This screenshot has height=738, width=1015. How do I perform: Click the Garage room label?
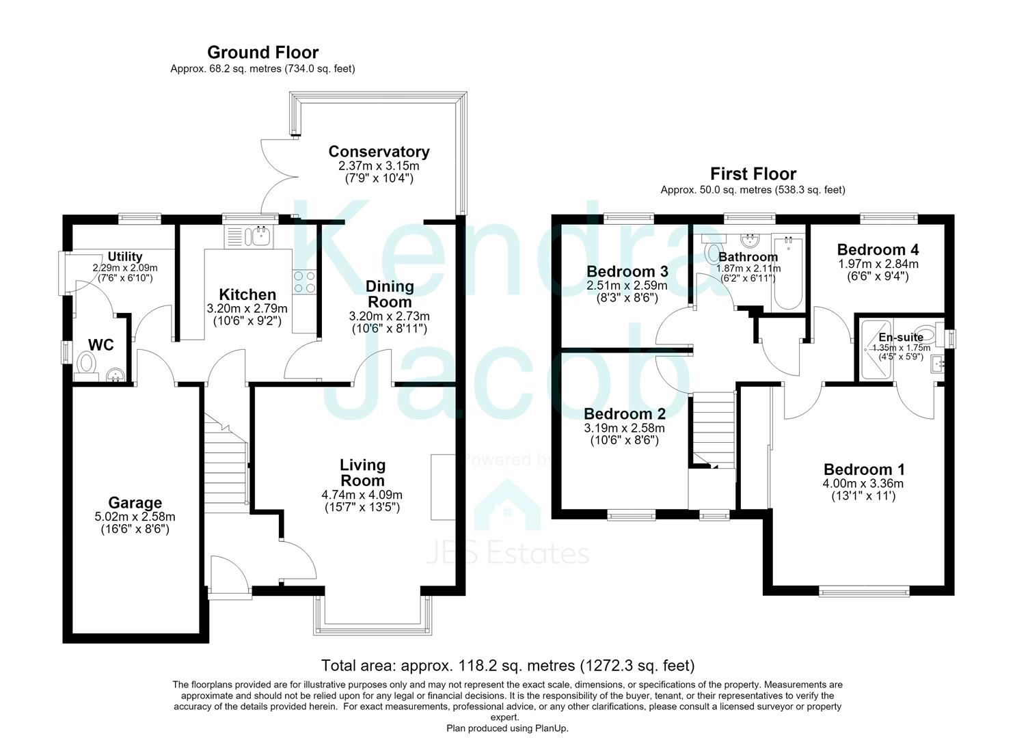coord(135,502)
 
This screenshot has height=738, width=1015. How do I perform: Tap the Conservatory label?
coord(379,151)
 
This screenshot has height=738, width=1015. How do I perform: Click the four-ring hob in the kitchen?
coord(304,282)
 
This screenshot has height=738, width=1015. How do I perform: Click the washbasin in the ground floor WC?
coord(116,375)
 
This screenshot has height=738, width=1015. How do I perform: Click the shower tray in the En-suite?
coord(876,350)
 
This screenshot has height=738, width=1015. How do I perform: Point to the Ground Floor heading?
coord(263,53)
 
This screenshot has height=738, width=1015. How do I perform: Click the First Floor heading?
coord(753,174)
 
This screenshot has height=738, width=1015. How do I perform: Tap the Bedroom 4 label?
coord(878,249)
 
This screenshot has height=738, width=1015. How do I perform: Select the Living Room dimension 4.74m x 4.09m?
coord(362,495)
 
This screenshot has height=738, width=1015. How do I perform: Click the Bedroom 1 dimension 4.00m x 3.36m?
coord(863,483)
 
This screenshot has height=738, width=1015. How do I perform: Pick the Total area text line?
coord(507,666)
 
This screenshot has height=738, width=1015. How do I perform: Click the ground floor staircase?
coord(226,463)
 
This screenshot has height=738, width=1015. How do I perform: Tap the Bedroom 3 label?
coord(627,271)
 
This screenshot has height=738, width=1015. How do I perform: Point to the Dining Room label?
coord(390,294)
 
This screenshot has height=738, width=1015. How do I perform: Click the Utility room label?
coord(124,256)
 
